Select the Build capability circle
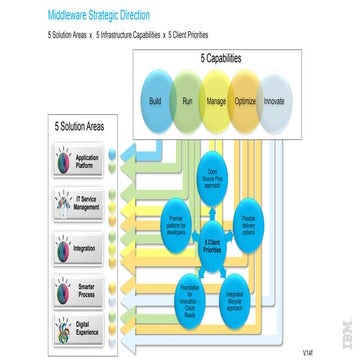[156, 101]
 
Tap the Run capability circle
[186, 101]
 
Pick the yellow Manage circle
[216, 101]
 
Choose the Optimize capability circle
[246, 101]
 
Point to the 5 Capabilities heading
[216, 59]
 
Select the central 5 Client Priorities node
[213, 245]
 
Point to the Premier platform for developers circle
[176, 221]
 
